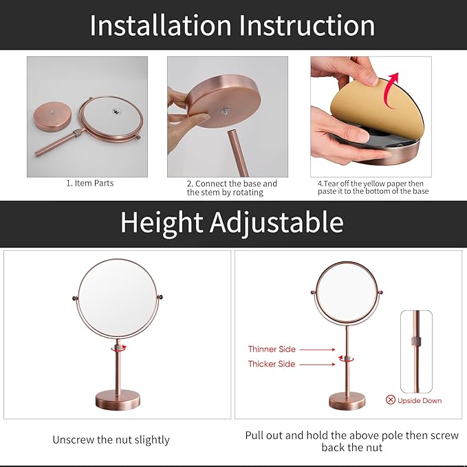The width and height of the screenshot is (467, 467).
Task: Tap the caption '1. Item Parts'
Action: [x=89, y=184]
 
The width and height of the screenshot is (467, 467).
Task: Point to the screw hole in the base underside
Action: [x=226, y=109]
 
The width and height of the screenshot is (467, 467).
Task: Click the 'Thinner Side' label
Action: [x=272, y=349]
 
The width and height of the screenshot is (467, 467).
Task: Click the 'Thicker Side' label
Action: [x=272, y=364]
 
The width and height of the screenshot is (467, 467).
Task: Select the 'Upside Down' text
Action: [x=420, y=400]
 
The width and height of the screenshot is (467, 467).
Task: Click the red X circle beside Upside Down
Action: [x=391, y=400]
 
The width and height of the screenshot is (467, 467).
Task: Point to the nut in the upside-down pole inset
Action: [x=416, y=342]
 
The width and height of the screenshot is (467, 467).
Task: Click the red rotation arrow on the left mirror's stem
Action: [x=117, y=349]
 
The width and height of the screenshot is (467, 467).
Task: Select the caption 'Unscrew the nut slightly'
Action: [x=111, y=439]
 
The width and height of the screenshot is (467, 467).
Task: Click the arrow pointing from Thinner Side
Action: [x=318, y=349]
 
